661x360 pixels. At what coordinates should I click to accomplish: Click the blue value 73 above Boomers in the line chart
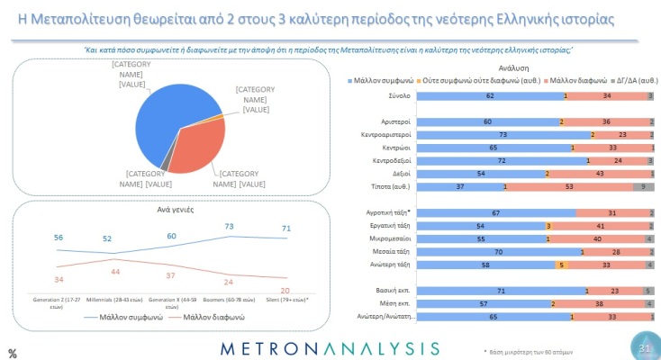pyautogui.click(x=230, y=227)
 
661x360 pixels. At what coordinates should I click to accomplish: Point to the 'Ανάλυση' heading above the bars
pyautogui.click(x=500, y=67)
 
